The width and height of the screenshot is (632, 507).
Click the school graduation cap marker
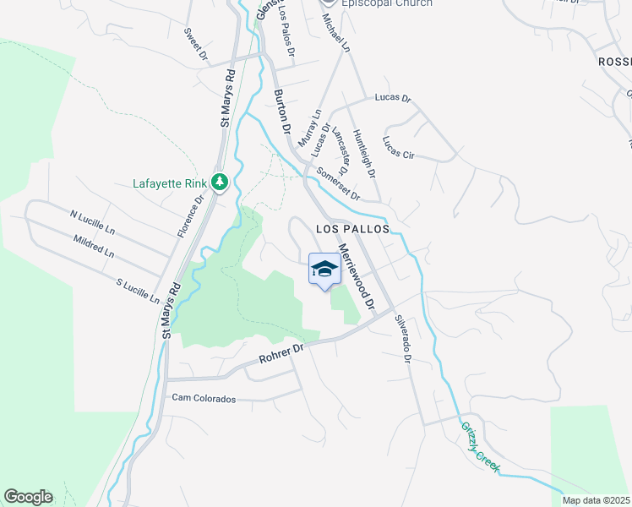[324, 270]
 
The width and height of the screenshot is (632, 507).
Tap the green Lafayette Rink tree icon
[220, 182]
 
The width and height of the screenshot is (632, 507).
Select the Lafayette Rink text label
[171, 183]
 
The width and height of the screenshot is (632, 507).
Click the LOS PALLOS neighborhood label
[352, 229]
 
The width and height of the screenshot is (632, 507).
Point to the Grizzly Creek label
[481, 448]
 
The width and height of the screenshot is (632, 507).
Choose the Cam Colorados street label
[204, 397]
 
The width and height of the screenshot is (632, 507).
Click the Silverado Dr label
[403, 339]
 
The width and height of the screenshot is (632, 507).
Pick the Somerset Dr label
[339, 184]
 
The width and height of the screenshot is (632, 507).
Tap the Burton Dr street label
[283, 112]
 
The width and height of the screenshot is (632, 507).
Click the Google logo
[28, 496]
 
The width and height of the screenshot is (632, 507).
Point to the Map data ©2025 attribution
[596, 500]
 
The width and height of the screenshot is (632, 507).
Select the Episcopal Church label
[387, 3]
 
